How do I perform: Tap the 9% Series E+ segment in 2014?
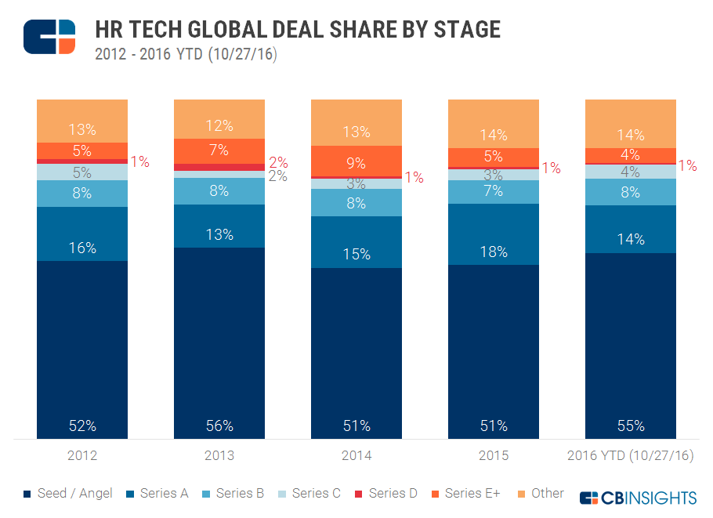point(356,161)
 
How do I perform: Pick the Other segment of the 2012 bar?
point(82,121)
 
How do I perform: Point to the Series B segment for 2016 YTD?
point(631,192)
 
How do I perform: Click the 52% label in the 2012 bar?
point(82,426)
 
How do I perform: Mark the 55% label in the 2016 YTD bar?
point(631,426)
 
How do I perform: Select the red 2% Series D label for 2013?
point(278,163)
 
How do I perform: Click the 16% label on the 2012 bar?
point(82,248)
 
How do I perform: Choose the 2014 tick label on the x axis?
point(356,455)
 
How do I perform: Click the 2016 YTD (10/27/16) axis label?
point(631,455)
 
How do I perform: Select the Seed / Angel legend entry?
point(69,494)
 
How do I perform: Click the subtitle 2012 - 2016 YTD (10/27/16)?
point(186,55)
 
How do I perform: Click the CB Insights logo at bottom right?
point(638,498)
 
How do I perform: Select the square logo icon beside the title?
point(49,37)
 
